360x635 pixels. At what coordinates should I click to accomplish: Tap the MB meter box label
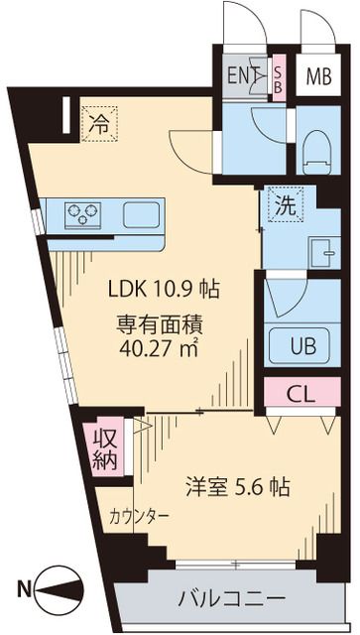[317, 76]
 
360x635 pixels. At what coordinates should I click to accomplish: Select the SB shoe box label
[279, 76]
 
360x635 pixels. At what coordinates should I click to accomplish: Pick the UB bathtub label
[301, 346]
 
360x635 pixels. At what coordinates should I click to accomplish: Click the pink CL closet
[301, 393]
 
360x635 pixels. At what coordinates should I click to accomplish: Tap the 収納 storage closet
[105, 448]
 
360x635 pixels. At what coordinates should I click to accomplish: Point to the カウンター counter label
[139, 517]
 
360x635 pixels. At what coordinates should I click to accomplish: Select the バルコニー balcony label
[232, 598]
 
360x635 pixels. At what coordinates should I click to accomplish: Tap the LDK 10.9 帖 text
[164, 291]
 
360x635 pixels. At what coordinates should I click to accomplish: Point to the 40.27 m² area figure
[164, 348]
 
